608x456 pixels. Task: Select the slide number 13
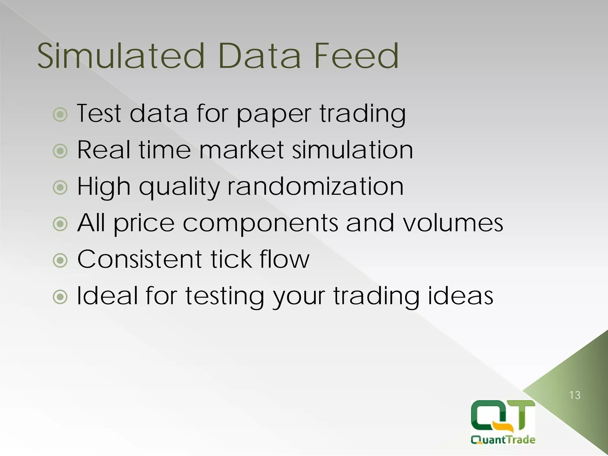click(575, 395)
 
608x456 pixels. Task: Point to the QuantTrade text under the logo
click(503, 439)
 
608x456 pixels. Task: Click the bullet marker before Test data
click(60, 114)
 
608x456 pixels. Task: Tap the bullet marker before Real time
click(60, 151)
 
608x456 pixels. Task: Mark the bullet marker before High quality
click(60, 187)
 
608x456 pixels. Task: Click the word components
click(260, 223)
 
